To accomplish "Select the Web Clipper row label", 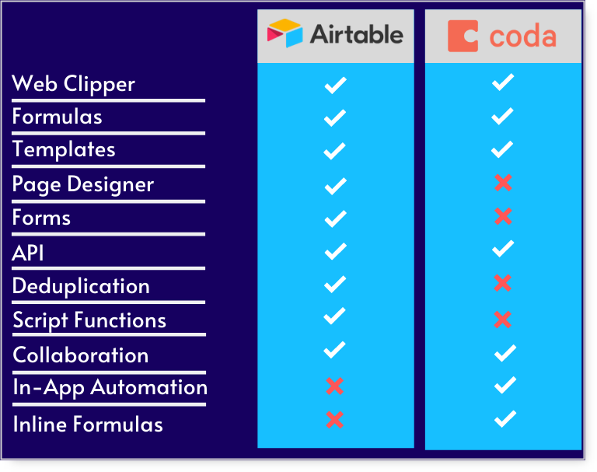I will tap(74, 84).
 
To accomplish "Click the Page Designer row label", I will tap(83, 184).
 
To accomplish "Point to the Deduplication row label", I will tap(81, 286).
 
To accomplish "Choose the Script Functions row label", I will tap(89, 320).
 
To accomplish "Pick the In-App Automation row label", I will tap(110, 387).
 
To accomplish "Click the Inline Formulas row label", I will tap(88, 424).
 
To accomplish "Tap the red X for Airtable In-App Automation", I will tap(335, 386).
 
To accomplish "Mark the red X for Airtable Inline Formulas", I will tap(335, 420).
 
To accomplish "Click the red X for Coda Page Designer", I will tap(503, 183).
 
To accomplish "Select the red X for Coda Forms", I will tap(503, 216).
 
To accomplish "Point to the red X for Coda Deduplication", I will tap(503, 283).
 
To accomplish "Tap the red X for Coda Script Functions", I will tap(503, 319).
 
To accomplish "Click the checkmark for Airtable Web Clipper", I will tap(335, 85).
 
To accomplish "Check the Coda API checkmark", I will tap(504, 250).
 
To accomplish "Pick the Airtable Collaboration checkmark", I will tap(335, 351).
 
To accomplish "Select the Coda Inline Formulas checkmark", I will tap(505, 419).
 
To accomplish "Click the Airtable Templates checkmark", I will tap(335, 151).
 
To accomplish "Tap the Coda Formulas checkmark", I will tap(503, 117).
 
